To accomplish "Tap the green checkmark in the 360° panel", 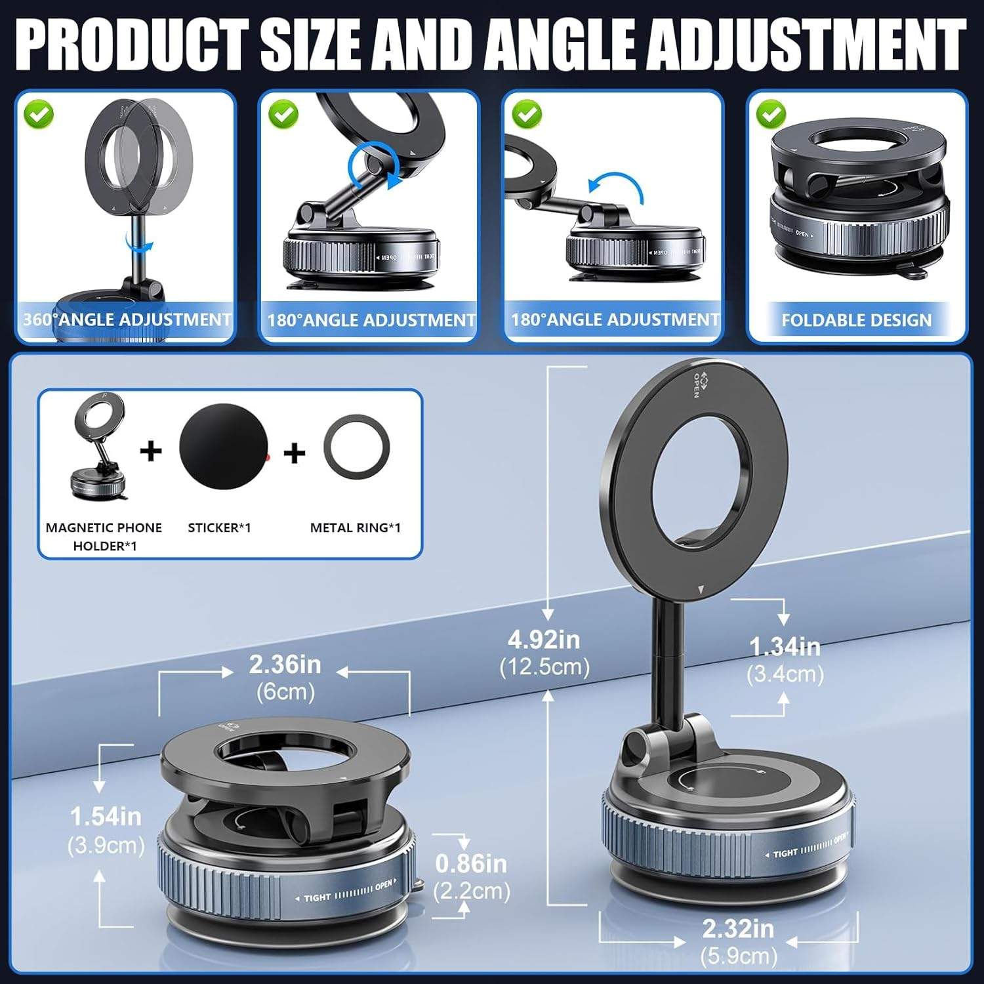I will [x=39, y=114].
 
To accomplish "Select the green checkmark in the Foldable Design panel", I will [x=771, y=114].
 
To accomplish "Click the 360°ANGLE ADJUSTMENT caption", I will [x=127, y=319].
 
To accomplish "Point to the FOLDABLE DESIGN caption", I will [x=856, y=320].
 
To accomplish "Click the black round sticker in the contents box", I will [x=224, y=447].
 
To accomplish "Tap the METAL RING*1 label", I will [x=355, y=527].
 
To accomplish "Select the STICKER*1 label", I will [x=219, y=527].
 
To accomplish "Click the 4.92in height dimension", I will [x=544, y=639].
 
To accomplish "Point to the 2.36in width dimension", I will [x=285, y=665].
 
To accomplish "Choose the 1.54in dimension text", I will [x=106, y=817].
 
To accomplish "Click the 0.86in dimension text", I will [x=471, y=864].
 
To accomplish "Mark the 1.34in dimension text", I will [x=785, y=647].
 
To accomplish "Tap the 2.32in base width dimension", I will [x=738, y=929].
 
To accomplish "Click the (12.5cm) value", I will [x=544, y=667].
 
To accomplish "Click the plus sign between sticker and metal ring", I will [x=295, y=453].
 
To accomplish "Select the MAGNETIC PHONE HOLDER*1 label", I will [x=104, y=536].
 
